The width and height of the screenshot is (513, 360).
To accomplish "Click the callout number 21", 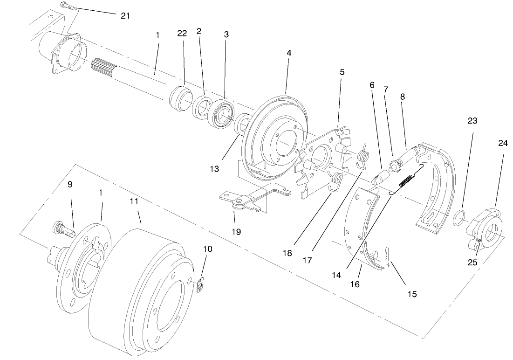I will click(x=125, y=15).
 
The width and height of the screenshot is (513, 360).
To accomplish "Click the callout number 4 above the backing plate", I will click(x=289, y=53).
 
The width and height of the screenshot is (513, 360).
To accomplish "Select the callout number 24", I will click(x=502, y=144).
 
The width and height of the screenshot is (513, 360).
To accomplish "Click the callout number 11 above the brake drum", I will click(x=135, y=201).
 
